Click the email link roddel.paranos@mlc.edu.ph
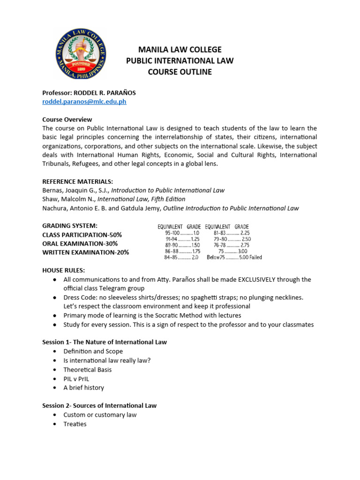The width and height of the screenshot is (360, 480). click(84, 101)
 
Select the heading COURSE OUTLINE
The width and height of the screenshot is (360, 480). click(180, 72)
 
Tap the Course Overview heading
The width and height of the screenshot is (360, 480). click(67, 120)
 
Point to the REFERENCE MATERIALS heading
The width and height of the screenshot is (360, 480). click(78, 181)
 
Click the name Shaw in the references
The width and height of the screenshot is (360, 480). click(51, 199)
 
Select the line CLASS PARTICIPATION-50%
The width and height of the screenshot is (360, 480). click(82, 235)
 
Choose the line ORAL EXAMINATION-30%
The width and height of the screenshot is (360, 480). click(80, 244)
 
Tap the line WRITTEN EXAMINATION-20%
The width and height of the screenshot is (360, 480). click(85, 253)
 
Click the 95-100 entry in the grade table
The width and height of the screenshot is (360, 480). click(172, 233)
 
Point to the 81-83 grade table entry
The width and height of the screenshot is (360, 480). click(220, 233)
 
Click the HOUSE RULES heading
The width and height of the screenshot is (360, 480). click(64, 270)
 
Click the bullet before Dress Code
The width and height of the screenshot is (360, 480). click(55, 298)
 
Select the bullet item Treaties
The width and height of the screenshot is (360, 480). click(75, 424)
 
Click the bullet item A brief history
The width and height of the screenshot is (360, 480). click(83, 388)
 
